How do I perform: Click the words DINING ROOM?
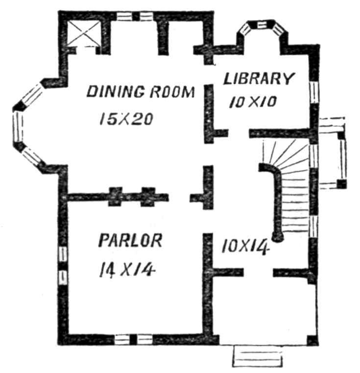[141, 92]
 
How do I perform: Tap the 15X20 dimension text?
[126, 119]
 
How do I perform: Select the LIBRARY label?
[258, 78]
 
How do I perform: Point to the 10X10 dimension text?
[253, 102]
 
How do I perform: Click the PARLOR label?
[130, 240]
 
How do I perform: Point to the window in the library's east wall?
[314, 92]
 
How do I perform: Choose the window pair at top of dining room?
[135, 17]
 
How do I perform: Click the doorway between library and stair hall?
[239, 133]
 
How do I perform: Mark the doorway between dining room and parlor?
[179, 197]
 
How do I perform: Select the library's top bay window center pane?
[262, 24]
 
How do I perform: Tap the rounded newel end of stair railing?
[278, 237]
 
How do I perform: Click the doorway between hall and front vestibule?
[258, 272]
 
